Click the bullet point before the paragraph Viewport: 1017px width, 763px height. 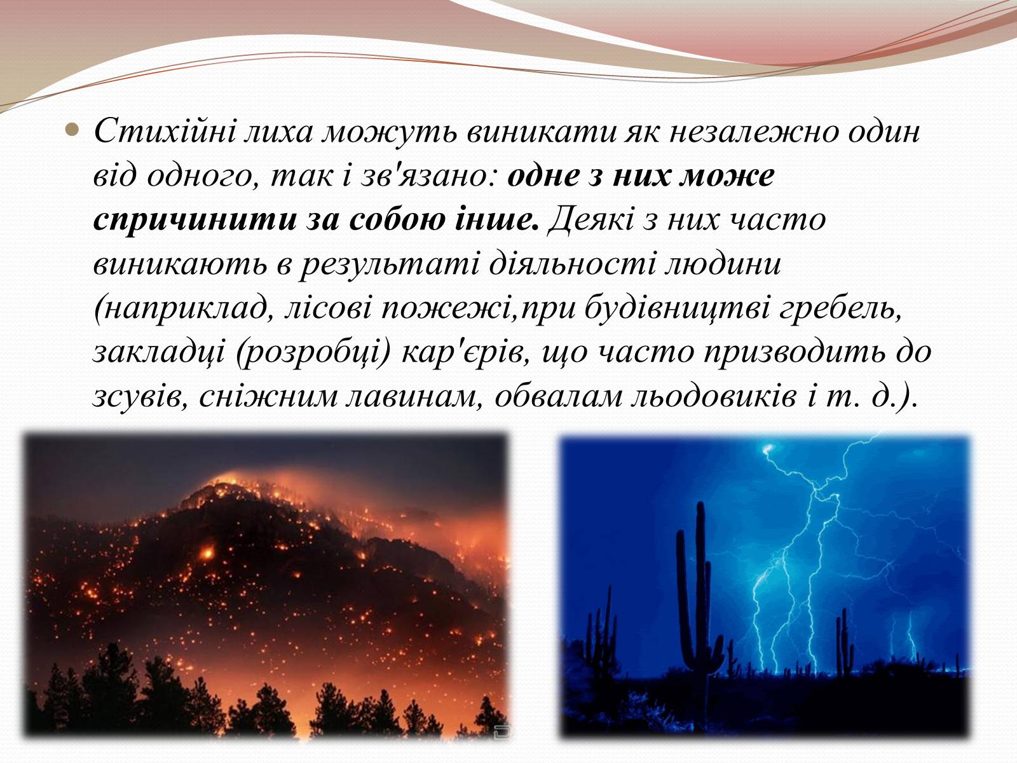[71, 130]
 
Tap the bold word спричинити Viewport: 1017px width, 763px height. [195, 219]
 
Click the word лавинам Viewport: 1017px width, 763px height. [414, 397]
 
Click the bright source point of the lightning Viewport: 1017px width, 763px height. [767, 449]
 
